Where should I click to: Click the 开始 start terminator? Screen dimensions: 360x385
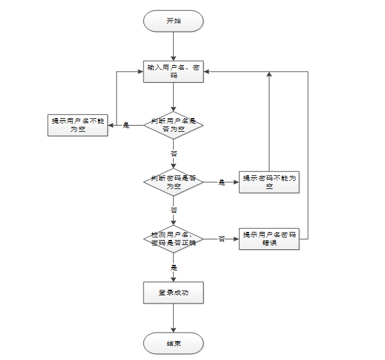click(173, 21)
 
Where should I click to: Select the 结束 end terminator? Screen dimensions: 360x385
click(173, 343)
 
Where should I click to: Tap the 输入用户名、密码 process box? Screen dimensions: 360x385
click(173, 71)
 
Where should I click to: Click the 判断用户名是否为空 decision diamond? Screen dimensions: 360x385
click(173, 125)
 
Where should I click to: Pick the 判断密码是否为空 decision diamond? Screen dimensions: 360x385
click(173, 182)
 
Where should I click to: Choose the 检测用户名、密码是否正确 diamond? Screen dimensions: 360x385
click(173, 239)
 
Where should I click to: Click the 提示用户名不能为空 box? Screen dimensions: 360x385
click(78, 125)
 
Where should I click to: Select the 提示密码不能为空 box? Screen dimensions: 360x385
click(269, 182)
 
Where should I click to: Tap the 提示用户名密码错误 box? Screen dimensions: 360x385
click(269, 239)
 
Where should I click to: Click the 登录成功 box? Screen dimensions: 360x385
click(173, 292)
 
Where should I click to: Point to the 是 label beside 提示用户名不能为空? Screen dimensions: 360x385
click(126, 126)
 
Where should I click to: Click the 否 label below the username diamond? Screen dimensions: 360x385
click(174, 153)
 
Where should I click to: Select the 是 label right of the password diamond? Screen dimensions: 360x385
click(222, 182)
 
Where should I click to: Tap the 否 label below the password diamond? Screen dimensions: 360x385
click(174, 210)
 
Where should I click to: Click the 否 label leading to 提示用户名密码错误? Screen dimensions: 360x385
click(222, 239)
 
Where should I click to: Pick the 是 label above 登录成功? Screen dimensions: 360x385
click(174, 267)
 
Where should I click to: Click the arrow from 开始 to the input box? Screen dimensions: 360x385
click(173, 45)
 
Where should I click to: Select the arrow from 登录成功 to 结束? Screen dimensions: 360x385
click(173, 318)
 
